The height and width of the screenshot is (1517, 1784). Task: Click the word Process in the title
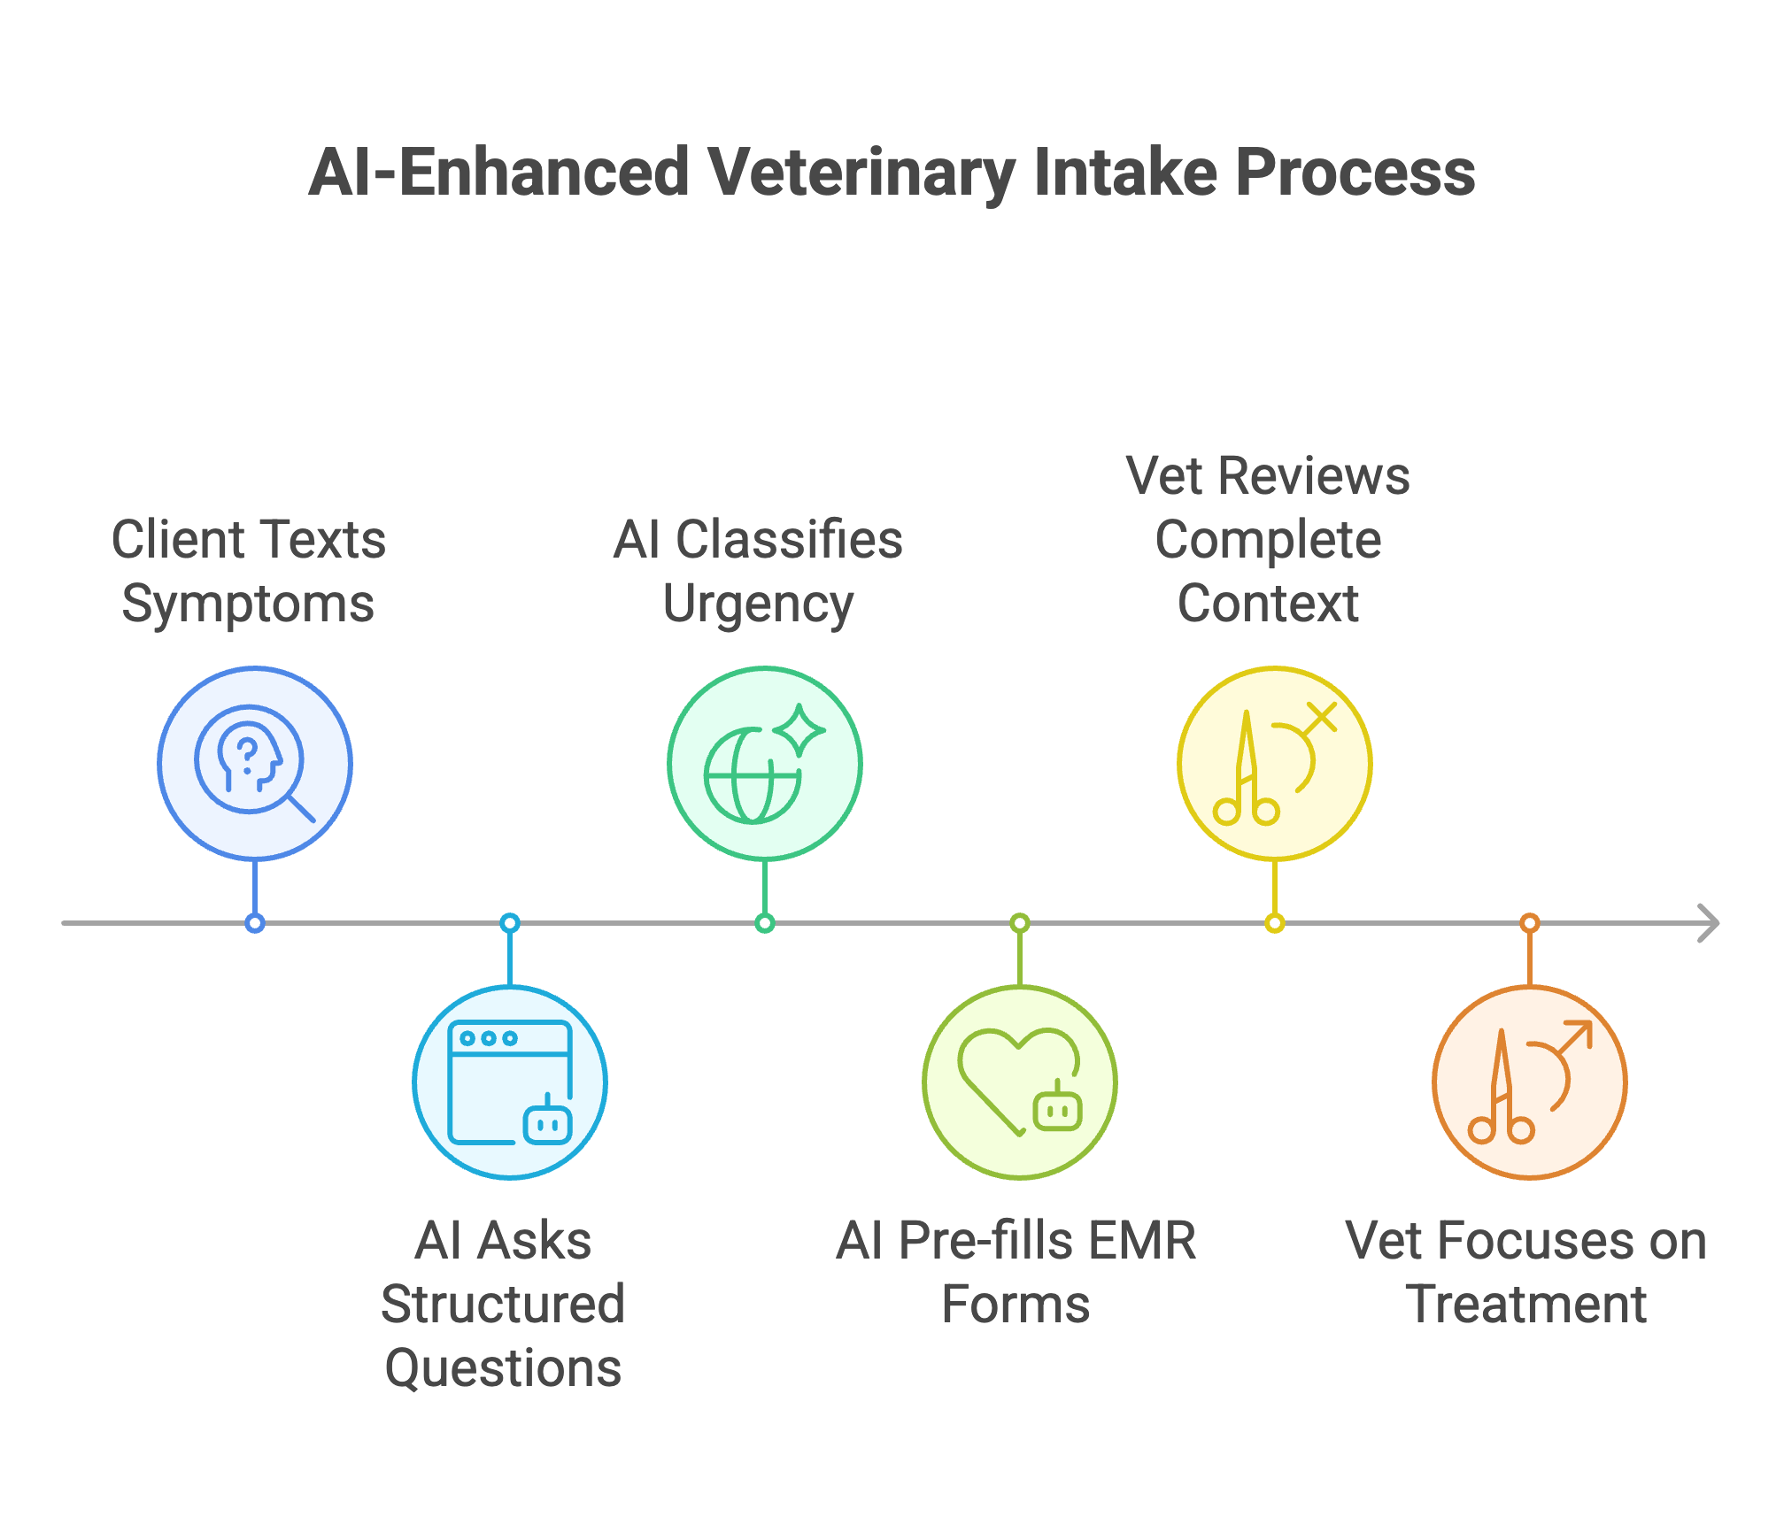point(1355,173)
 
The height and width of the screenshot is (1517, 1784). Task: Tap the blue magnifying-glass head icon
point(255,763)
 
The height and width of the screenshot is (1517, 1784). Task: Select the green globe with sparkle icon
point(764,763)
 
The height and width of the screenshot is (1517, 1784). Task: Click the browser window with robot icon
point(510,1082)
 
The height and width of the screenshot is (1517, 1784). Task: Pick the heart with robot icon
point(1019,1082)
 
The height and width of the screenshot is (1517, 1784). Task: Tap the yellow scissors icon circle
point(1274,763)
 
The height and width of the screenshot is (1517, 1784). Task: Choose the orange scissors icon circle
point(1529,1082)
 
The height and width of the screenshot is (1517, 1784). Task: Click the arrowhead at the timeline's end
point(1710,923)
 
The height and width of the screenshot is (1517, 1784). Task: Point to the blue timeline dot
point(255,923)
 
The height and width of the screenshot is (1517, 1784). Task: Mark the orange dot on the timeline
point(1529,923)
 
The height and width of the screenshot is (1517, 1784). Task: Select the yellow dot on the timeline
point(1274,923)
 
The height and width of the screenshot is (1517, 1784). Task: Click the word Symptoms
point(248,604)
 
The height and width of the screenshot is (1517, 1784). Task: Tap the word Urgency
point(758,604)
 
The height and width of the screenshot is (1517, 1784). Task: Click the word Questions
point(503,1368)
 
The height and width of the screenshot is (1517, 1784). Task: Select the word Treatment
point(1525,1305)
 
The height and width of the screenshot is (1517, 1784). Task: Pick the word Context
point(1267,604)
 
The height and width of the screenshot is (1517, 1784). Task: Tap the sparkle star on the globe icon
point(799,730)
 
